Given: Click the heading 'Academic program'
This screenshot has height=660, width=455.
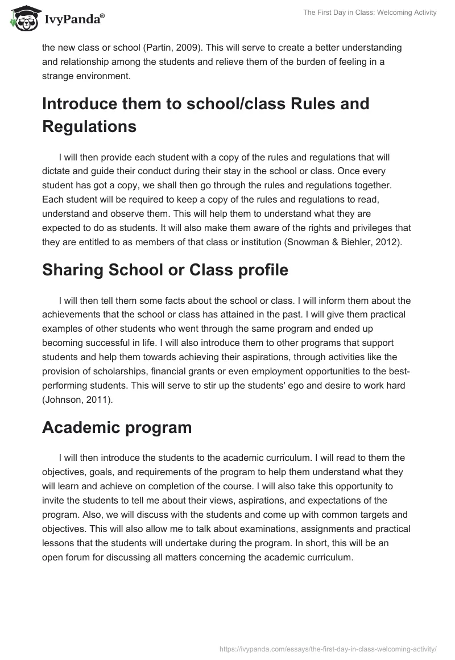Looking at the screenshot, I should click(117, 428).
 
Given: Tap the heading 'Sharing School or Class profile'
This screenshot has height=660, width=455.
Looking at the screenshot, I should click(165, 270).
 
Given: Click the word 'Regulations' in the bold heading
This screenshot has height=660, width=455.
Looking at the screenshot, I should click(89, 126).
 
